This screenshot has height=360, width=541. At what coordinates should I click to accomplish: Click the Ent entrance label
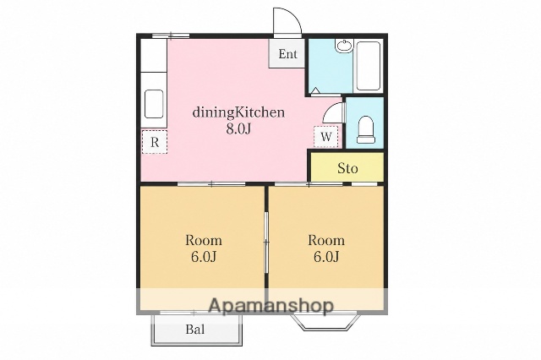[x=287, y=54]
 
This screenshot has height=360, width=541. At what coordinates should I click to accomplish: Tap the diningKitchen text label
[x=238, y=112]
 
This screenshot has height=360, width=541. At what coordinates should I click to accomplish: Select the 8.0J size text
[x=238, y=128]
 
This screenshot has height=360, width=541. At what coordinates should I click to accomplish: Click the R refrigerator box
[x=154, y=142]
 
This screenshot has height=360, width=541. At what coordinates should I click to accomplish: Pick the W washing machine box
[x=325, y=137]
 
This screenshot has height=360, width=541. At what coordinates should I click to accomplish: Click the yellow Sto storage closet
[x=347, y=167]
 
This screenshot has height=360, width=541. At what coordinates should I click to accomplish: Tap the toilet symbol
[x=366, y=129]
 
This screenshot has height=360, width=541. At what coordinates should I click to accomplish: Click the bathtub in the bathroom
[x=369, y=66]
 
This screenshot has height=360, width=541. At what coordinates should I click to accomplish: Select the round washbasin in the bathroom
[x=344, y=46]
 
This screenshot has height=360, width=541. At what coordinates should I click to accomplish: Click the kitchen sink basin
[x=154, y=104]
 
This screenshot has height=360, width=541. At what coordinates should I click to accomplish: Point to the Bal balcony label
[x=195, y=330]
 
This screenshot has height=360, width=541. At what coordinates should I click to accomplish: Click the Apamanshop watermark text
[x=271, y=306]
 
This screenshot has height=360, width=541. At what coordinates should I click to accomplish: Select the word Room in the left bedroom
[x=204, y=240]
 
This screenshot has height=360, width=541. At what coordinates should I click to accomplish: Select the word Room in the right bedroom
[x=326, y=240]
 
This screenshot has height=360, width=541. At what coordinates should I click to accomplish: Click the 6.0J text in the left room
[x=204, y=257]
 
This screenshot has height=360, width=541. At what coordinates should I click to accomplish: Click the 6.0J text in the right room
[x=326, y=257]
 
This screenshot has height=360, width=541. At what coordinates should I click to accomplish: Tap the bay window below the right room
[x=323, y=322]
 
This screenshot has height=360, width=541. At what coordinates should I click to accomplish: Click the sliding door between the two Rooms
[x=266, y=243]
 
